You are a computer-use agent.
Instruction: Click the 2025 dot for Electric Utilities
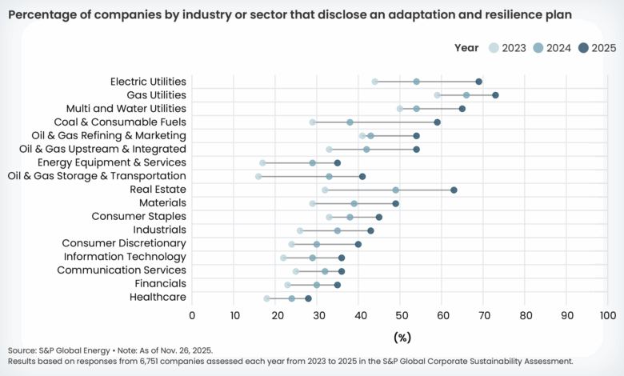(x=479, y=82)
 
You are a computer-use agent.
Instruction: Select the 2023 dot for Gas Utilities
(x=438, y=95)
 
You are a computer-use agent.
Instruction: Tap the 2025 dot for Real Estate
(x=454, y=190)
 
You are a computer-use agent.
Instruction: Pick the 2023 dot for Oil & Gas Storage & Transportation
(x=258, y=176)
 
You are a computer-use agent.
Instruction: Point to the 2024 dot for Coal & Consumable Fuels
(x=350, y=122)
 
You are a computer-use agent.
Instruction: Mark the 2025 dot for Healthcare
(x=309, y=298)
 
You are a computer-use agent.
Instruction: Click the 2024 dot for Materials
(x=354, y=203)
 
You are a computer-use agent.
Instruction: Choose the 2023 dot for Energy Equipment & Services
(x=262, y=162)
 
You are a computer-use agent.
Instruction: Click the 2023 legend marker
(x=493, y=48)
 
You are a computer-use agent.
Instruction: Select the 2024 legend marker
(x=538, y=48)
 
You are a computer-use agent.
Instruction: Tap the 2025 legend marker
(x=583, y=48)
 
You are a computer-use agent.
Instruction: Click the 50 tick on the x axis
(x=400, y=315)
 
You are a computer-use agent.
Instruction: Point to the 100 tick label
(x=607, y=315)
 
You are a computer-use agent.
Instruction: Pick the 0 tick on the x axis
(x=192, y=315)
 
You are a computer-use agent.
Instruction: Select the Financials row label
(x=157, y=284)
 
